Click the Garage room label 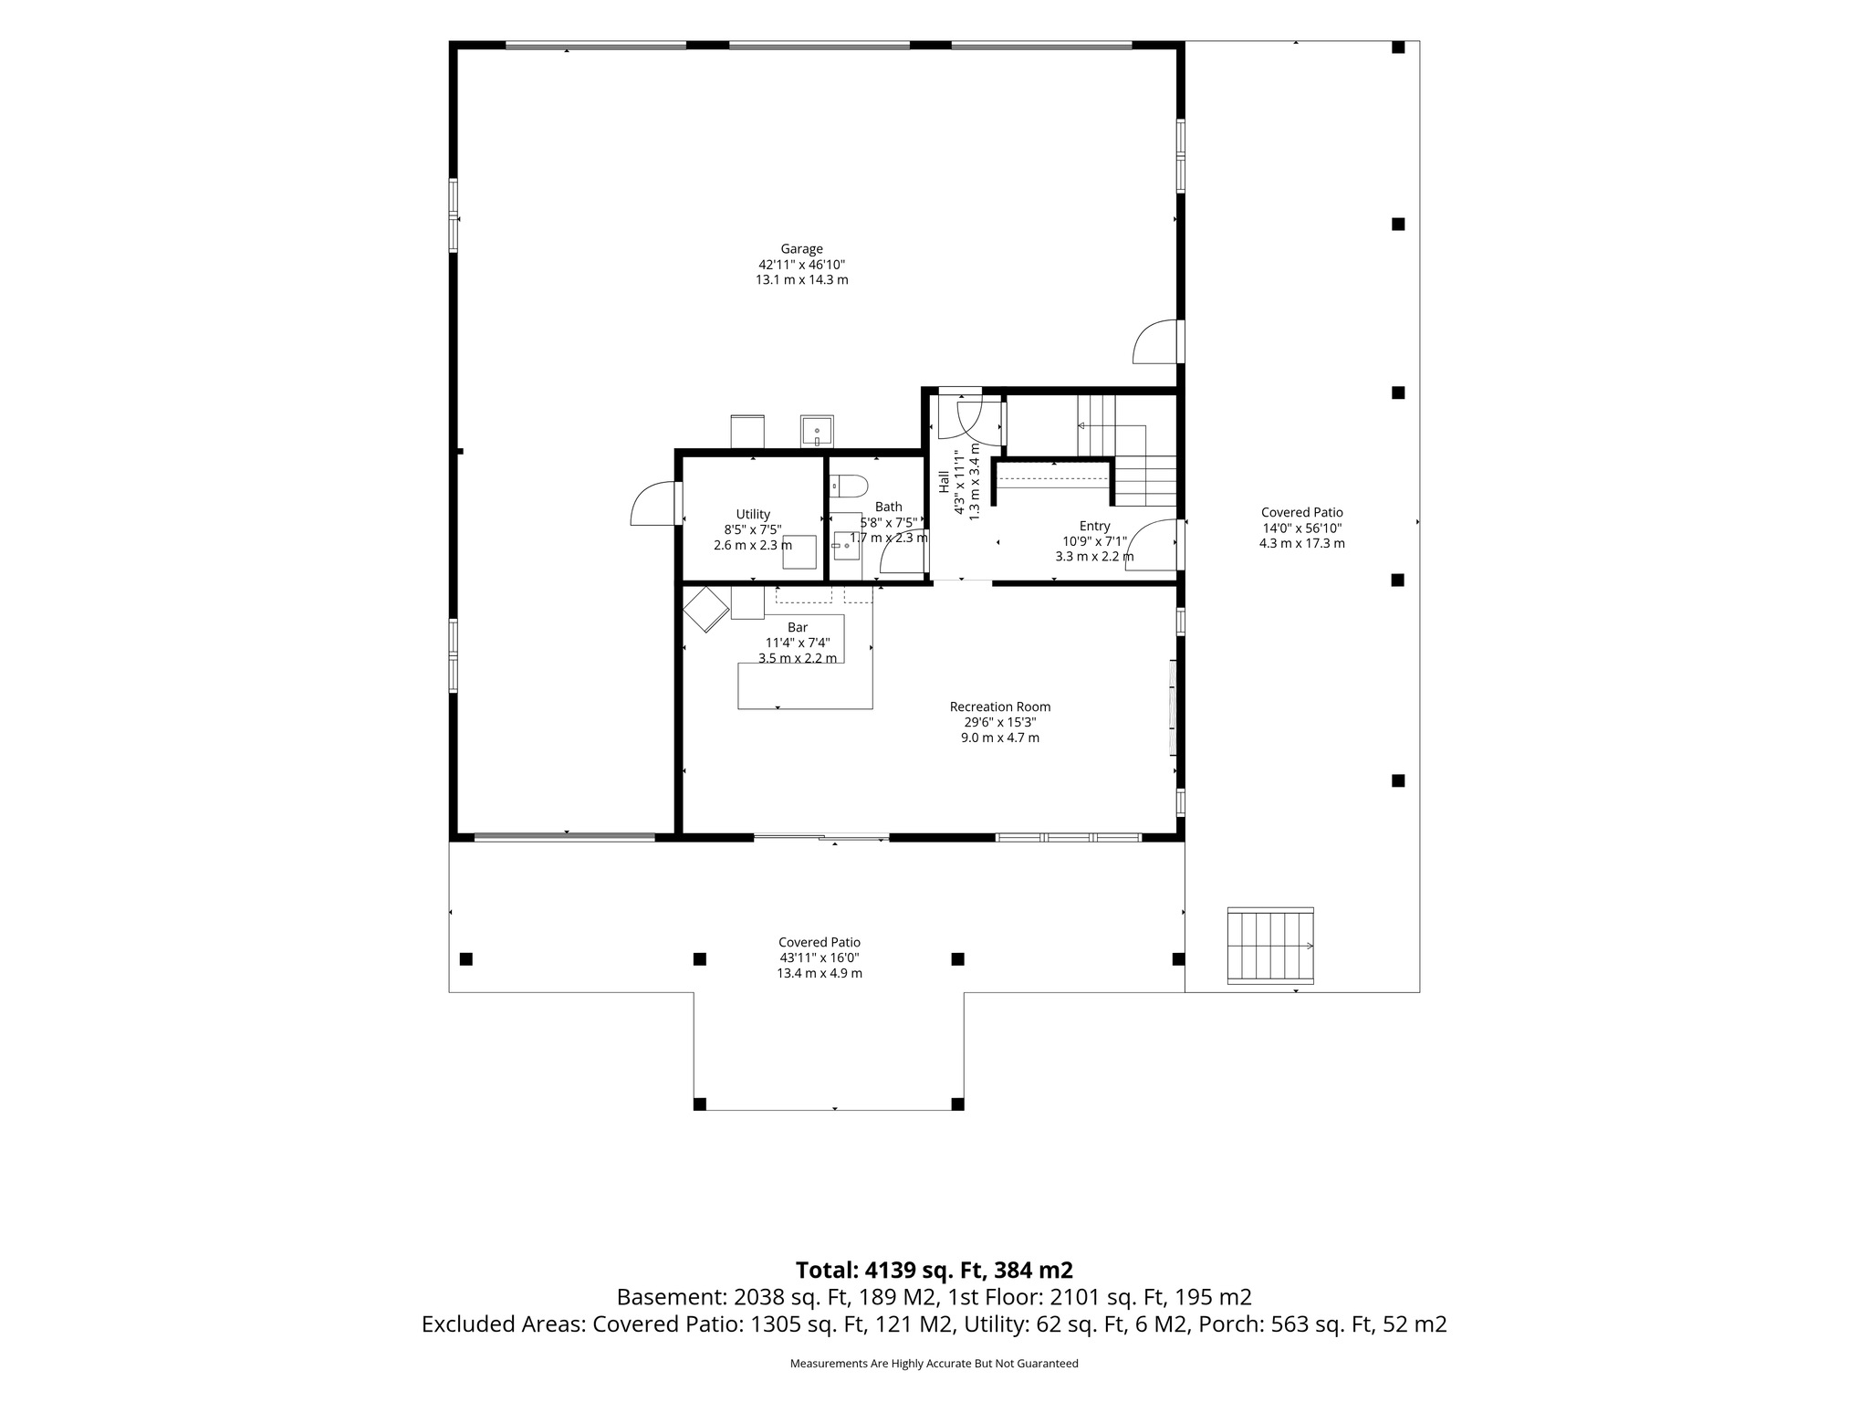[801, 248]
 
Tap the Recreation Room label [1000, 706]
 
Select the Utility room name [753, 515]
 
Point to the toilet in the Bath [848, 486]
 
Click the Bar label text [798, 627]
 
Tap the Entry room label [1094, 526]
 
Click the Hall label [944, 481]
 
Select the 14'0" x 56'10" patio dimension [1302, 528]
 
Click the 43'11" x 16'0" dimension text [820, 957]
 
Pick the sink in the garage [817, 431]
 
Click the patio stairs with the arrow [1270, 946]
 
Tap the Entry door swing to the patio [1152, 545]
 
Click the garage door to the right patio [1155, 341]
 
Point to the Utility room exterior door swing [653, 504]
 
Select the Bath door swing [902, 551]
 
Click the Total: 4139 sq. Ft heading [934, 1270]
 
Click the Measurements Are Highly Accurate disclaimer [934, 1364]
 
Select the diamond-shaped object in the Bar [705, 609]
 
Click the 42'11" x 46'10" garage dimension [801, 264]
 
